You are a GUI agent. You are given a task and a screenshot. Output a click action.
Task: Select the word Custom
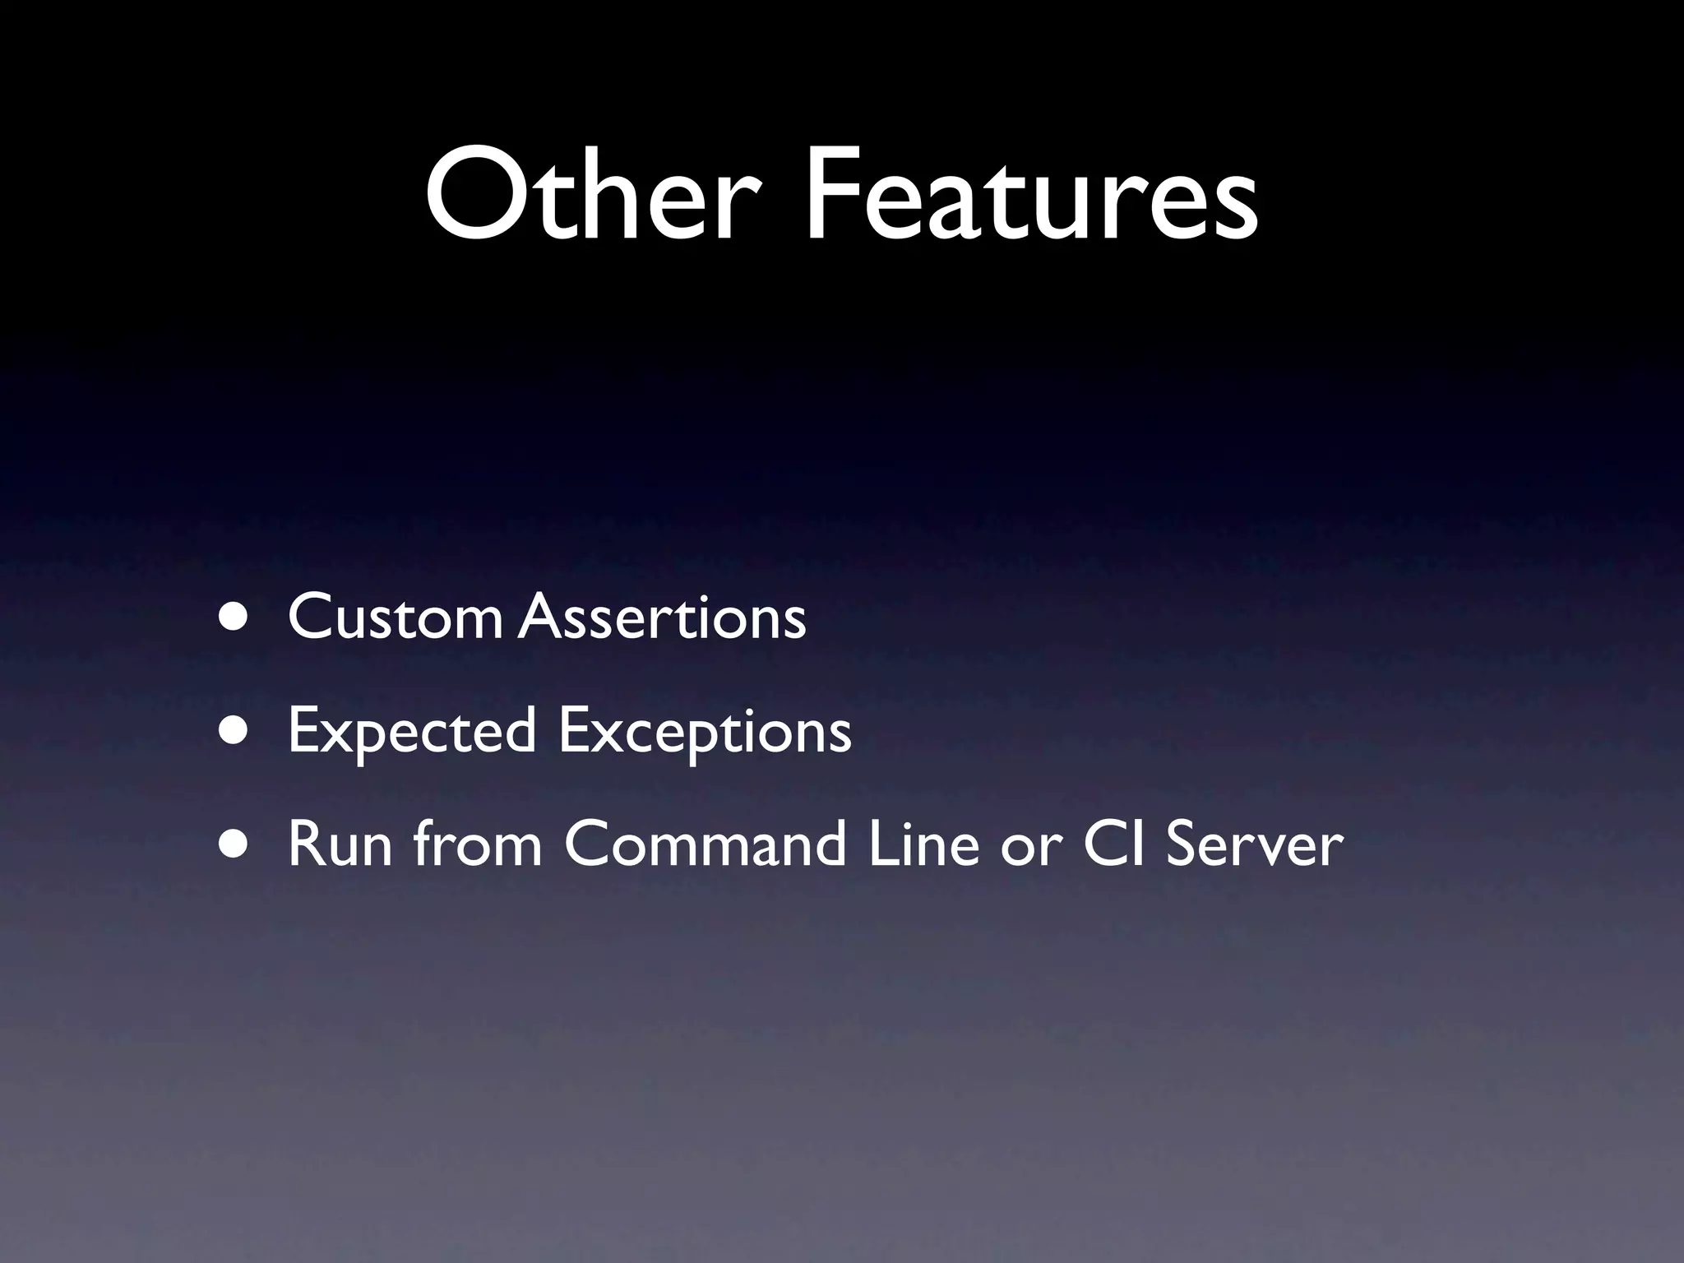tap(395, 618)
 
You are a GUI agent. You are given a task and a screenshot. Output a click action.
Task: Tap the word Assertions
tap(663, 618)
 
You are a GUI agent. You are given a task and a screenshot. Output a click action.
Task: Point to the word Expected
tap(412, 732)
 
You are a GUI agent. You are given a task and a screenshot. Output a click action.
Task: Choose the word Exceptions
tap(705, 732)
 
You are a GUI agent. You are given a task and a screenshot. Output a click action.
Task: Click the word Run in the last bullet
tap(340, 844)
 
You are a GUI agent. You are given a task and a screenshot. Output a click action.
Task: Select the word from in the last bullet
tap(478, 844)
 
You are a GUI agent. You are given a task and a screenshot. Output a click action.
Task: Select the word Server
tap(1254, 844)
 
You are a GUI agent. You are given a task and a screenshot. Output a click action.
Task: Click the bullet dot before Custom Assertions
tap(235, 618)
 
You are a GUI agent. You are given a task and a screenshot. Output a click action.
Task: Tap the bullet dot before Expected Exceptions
tap(235, 732)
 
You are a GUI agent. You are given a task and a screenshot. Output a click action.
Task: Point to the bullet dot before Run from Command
tap(235, 845)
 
